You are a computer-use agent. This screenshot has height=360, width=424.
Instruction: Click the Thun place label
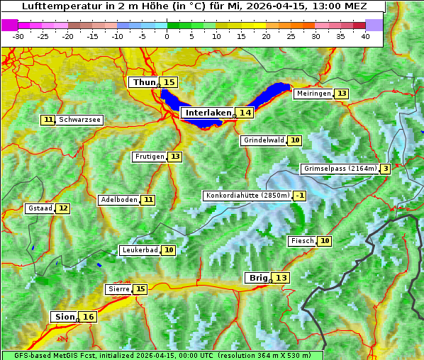144,83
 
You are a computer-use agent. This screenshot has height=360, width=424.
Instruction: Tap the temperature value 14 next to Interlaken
245,113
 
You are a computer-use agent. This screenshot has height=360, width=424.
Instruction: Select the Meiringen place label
313,94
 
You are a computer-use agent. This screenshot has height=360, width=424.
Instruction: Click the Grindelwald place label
264,140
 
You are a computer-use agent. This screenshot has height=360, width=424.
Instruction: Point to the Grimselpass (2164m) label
340,169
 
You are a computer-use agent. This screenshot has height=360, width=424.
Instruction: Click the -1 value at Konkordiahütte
301,196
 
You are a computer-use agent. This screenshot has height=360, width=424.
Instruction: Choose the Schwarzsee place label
79,120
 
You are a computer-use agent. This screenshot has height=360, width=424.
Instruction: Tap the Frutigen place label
149,157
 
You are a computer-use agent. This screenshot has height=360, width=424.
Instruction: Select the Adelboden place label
118,200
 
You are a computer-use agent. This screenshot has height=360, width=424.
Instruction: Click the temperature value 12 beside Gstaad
63,208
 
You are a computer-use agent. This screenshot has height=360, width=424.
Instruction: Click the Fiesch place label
303,241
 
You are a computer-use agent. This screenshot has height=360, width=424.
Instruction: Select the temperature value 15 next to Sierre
140,289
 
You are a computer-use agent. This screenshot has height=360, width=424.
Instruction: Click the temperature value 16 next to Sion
88,317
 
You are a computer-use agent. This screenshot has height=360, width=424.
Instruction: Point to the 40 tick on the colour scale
365,36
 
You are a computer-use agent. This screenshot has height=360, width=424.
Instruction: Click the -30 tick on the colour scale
18,36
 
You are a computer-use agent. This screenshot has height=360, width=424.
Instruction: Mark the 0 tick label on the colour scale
167,36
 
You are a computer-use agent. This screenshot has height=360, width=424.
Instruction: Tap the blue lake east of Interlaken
272,94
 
